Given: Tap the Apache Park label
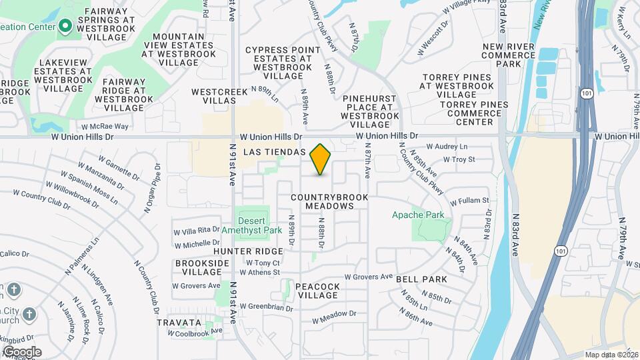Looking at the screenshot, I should coord(418,215).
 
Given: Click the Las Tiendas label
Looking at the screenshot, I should coord(275,152).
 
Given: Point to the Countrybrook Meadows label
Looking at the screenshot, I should coord(322,202).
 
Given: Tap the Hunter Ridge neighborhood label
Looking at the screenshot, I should coord(249,251).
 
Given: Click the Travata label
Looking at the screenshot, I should coord(179,322).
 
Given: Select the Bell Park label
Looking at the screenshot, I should coord(422,279).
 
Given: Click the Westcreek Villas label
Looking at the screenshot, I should coord(214,95).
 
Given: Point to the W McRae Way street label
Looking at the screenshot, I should coord(104,126).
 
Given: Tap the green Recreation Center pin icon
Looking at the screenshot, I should coord(65,27).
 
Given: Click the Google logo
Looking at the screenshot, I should coord(22,351).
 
